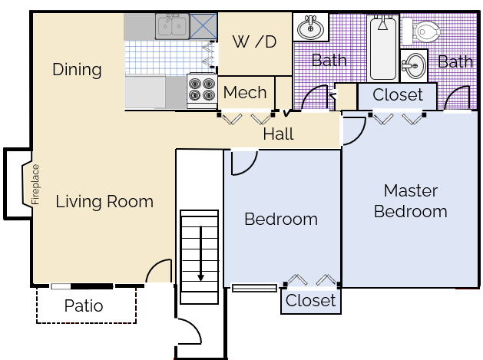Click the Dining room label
(77, 70)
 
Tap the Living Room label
(104, 202)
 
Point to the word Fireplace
(36, 184)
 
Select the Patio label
(84, 306)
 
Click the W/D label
(254, 41)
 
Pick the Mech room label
(245, 92)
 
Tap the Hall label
(279, 134)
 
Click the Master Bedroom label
(411, 201)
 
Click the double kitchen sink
(172, 26)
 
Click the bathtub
(383, 48)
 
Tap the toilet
(421, 31)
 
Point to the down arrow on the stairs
(201, 253)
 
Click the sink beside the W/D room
(310, 27)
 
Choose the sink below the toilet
(414, 65)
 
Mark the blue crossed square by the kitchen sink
(203, 26)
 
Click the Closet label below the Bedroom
(310, 300)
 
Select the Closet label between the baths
(398, 94)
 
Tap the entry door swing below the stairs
(190, 332)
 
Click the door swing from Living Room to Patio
(157, 271)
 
